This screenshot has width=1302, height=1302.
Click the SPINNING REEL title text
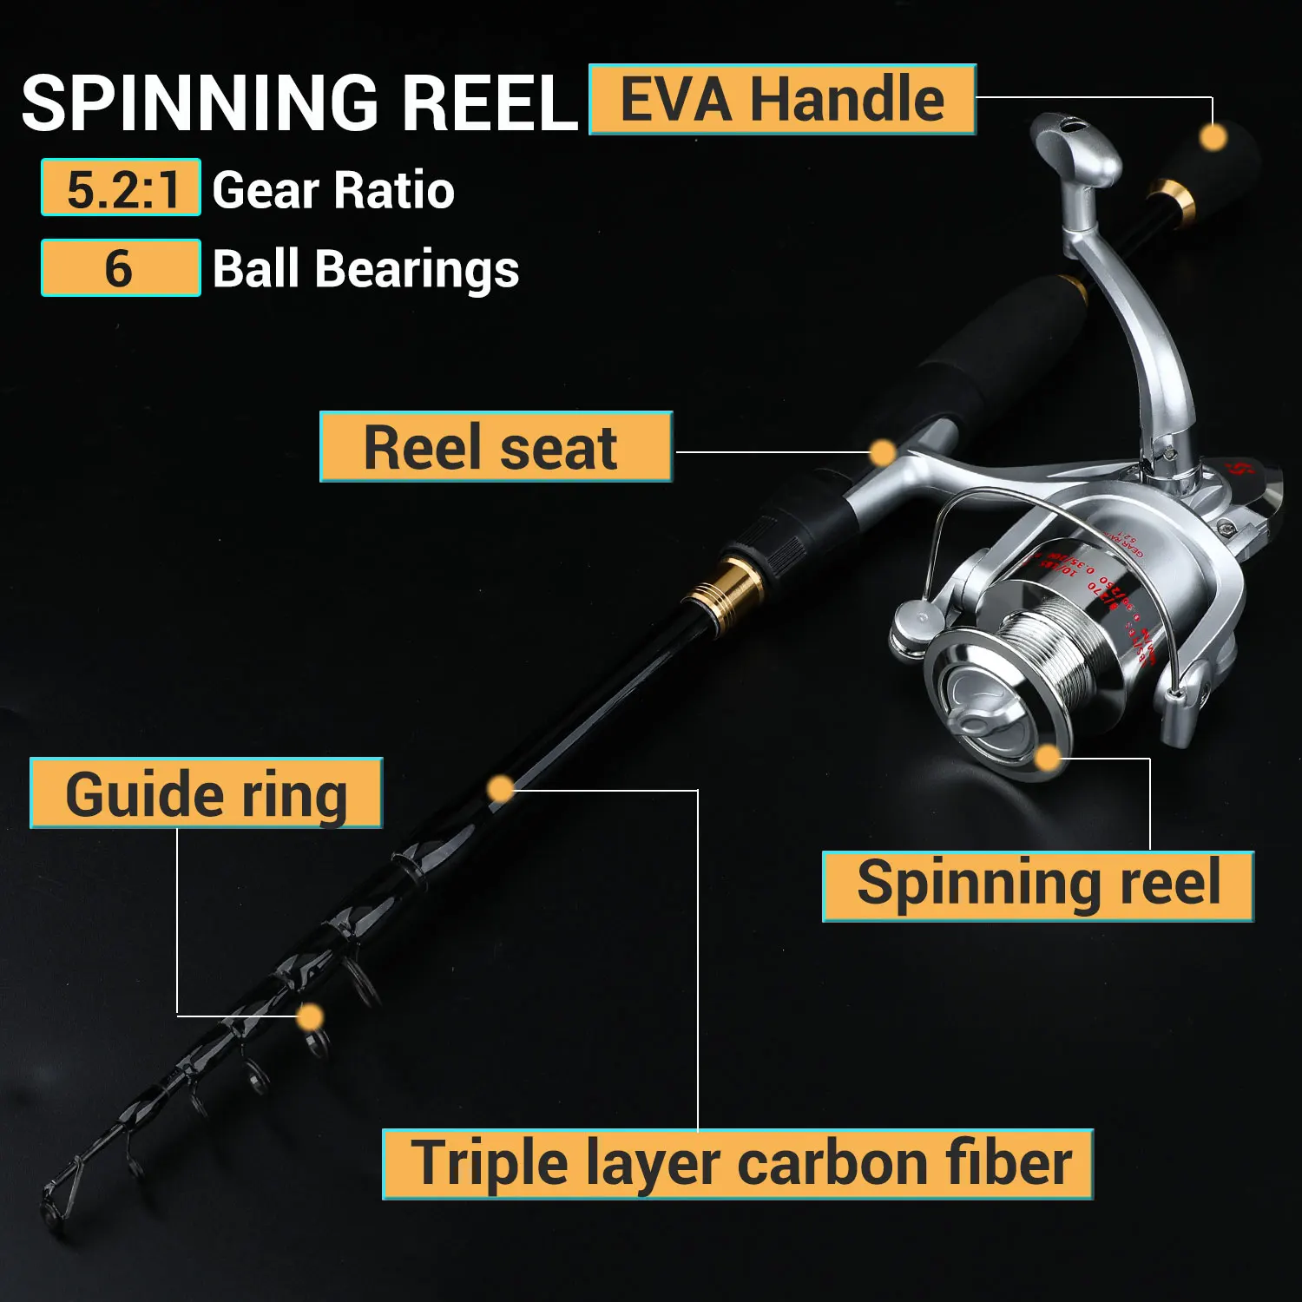tap(299, 103)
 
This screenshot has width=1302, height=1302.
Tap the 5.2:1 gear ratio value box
tap(121, 187)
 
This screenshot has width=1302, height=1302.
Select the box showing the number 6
tap(121, 268)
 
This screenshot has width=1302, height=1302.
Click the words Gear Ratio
tap(333, 190)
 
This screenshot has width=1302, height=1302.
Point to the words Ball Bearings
tap(365, 269)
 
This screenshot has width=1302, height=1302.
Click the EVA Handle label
tap(782, 100)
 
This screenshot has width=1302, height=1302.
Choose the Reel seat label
tap(496, 447)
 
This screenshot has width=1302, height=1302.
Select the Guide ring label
tap(207, 793)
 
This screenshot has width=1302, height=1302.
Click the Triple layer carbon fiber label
tap(738, 1164)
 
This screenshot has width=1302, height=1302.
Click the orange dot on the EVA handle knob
tap(1213, 137)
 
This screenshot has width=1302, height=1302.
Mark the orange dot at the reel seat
tap(882, 452)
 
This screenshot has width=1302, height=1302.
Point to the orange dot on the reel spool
tap(1048, 758)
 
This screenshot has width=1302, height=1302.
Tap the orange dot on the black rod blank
tap(501, 789)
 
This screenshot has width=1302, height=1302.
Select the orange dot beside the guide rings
tap(310, 1016)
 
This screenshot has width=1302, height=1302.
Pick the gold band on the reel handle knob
tap(1172, 200)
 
